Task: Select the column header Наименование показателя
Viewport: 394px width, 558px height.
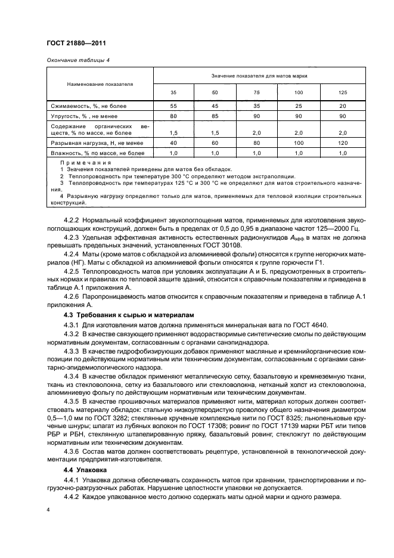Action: (100, 84)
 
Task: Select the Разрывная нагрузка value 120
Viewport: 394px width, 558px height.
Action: (343, 144)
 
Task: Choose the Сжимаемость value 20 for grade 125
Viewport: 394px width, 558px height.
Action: (343, 106)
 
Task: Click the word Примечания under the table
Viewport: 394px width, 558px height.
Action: (86, 163)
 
